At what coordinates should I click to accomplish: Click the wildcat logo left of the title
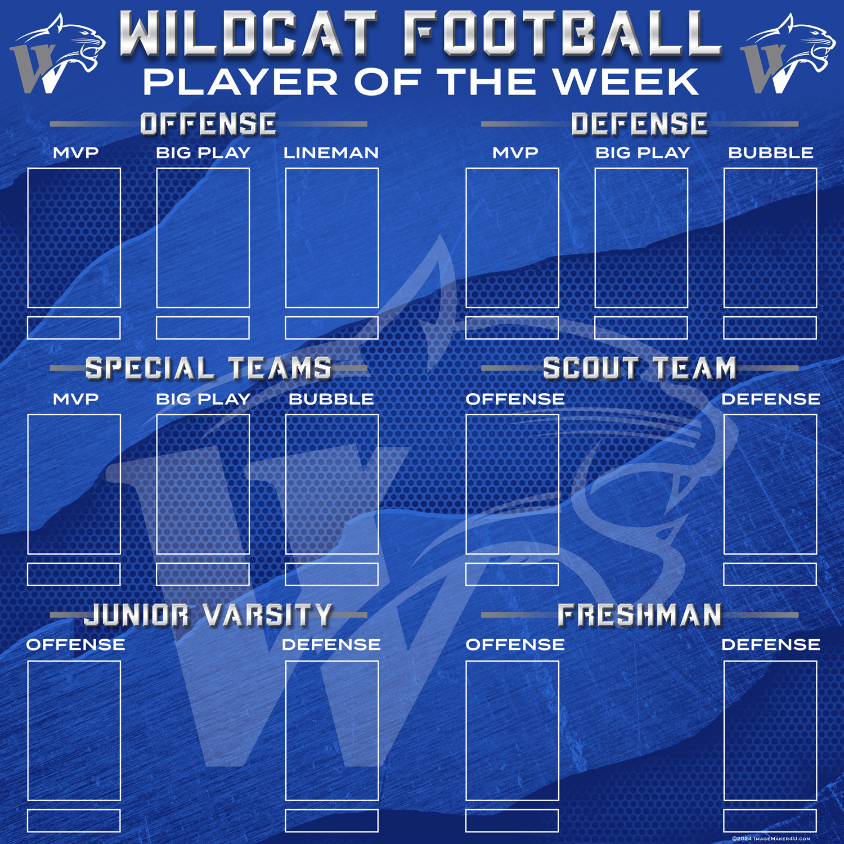58,55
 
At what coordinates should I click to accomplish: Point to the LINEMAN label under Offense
331,152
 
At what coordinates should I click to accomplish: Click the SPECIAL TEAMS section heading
208,369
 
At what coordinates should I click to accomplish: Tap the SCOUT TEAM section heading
640,369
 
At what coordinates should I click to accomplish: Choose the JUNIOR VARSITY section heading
208,614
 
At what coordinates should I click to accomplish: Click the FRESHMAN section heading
640,614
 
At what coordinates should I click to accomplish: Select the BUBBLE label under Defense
771,152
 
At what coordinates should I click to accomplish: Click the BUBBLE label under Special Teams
331,399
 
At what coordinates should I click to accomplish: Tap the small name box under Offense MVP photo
74,328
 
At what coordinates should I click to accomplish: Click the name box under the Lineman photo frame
332,328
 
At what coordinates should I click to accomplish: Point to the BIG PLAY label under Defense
643,152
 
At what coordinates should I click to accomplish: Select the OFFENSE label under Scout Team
515,399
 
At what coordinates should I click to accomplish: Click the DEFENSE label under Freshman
771,644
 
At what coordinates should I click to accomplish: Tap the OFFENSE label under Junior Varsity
75,644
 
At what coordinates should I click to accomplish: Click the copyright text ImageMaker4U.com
771,838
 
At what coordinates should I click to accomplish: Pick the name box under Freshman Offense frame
512,821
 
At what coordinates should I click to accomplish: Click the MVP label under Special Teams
75,399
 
